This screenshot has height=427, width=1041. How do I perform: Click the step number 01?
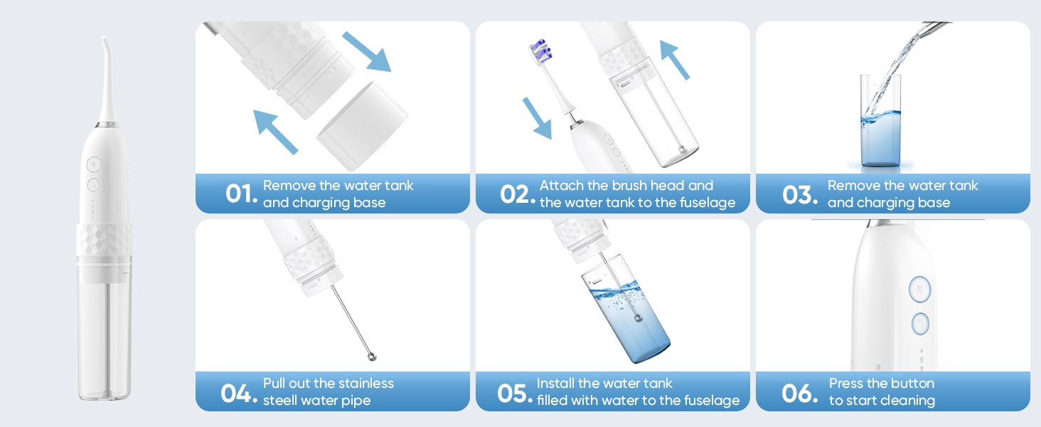[x=241, y=194]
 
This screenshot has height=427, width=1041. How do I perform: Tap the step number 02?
[x=517, y=194]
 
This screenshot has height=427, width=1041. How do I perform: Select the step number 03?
[x=799, y=194]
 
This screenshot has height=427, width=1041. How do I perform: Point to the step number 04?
[x=239, y=394]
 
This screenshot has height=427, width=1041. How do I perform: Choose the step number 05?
[x=515, y=394]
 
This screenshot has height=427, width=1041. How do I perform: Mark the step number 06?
[x=799, y=394]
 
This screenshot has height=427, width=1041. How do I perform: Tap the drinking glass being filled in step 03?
[x=880, y=120]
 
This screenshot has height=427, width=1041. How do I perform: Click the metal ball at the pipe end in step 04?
[x=371, y=357]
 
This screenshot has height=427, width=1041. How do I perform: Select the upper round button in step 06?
[x=919, y=290]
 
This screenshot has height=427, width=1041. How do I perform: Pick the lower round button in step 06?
[x=920, y=324]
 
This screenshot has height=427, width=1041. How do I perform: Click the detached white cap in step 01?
[x=362, y=125]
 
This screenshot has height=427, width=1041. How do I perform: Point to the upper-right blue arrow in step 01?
[x=367, y=52]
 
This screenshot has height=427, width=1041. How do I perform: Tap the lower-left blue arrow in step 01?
[x=276, y=132]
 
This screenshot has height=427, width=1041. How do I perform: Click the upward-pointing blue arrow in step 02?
[x=675, y=60]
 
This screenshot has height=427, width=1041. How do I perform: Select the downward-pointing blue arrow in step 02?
[x=538, y=118]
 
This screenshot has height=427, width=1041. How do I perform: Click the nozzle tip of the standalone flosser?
[x=104, y=38]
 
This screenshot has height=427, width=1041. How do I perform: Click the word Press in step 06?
[x=846, y=384]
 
